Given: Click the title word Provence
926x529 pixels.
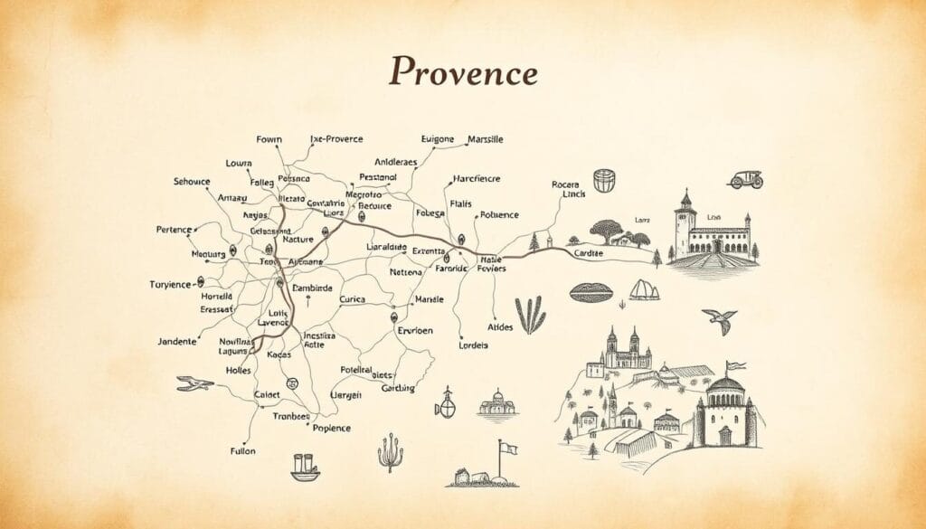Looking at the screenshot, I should [x=463, y=72].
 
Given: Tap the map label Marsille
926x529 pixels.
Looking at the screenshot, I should [x=486, y=139].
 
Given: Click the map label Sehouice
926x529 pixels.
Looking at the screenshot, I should [x=191, y=181].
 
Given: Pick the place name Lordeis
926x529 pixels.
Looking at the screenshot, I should [x=473, y=345].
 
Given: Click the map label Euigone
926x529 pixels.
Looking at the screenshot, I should [x=438, y=139].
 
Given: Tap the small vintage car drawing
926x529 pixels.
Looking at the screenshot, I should [x=746, y=180].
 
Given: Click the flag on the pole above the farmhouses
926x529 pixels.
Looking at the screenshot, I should [x=509, y=448].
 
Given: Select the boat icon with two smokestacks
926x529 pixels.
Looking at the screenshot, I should [x=305, y=468].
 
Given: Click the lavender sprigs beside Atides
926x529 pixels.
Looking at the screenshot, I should [x=531, y=315].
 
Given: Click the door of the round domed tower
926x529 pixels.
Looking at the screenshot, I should [x=724, y=432].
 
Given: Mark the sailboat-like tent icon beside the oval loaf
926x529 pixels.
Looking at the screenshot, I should [x=643, y=290].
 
